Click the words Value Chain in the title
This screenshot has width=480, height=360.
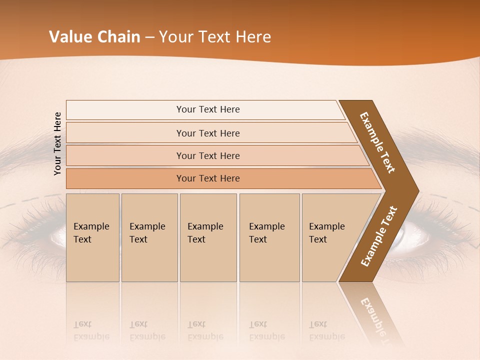(x=94, y=37)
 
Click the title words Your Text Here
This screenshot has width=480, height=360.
(x=215, y=37)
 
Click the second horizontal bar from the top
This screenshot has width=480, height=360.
(x=208, y=133)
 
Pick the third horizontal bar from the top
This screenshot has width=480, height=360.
(x=208, y=155)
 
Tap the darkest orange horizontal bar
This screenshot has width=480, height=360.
(x=208, y=178)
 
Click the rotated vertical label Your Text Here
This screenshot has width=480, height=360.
(x=57, y=143)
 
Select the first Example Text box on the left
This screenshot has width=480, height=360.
(x=92, y=237)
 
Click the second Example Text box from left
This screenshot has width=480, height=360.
(x=149, y=237)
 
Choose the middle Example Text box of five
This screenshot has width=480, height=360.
(x=208, y=237)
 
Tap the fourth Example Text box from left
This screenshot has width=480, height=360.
(x=269, y=237)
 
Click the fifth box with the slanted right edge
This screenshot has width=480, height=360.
(x=330, y=237)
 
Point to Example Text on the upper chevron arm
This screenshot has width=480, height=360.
(x=378, y=142)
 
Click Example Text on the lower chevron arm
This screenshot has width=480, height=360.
(x=379, y=236)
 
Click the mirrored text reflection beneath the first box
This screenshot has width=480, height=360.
(x=91, y=330)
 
